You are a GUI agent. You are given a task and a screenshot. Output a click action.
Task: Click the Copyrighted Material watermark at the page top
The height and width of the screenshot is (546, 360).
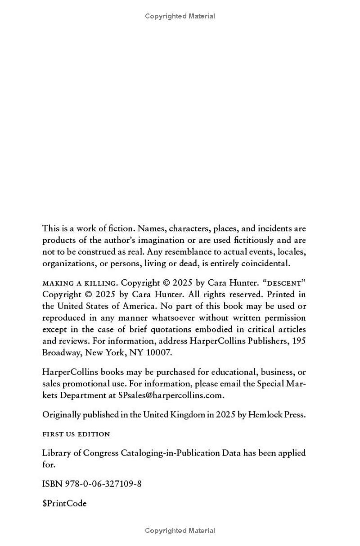[x=180, y=16]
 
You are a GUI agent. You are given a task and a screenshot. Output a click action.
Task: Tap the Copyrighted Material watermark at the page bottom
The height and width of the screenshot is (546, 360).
[x=180, y=531]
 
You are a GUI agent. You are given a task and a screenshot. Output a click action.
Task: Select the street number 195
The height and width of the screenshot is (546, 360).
[x=299, y=341]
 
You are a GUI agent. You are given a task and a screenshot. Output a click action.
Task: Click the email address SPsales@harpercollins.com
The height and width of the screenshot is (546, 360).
[x=171, y=395]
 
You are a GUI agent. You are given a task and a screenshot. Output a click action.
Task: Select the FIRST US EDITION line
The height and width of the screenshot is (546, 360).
[x=76, y=434]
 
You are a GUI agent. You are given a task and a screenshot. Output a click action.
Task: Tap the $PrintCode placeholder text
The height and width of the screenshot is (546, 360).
[x=64, y=504]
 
